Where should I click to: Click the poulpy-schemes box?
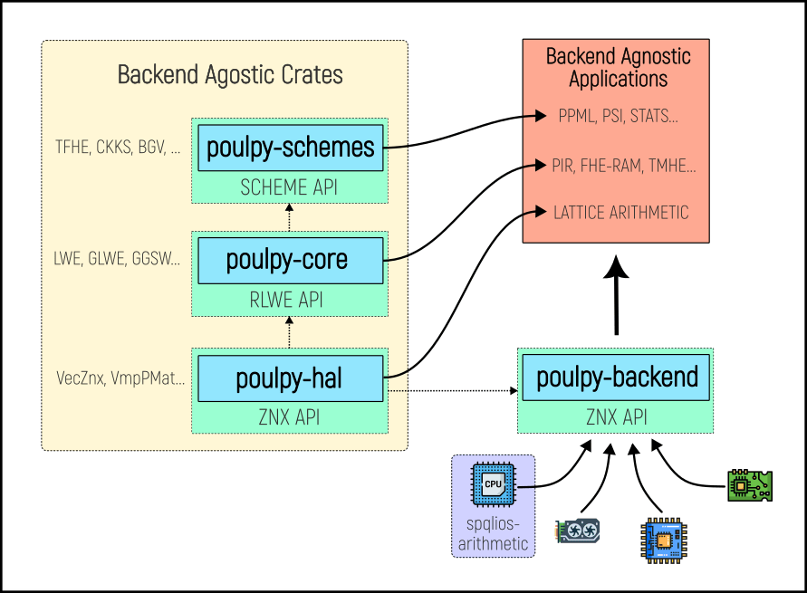[290, 148]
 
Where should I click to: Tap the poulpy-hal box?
[289, 378]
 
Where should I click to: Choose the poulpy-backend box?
[617, 377]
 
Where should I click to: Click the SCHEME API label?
[289, 187]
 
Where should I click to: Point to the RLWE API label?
[289, 301]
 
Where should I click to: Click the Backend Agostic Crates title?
[230, 74]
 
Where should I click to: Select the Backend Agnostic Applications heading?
[618, 68]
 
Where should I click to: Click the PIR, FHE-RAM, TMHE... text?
[623, 165]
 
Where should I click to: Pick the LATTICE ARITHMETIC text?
[620, 213]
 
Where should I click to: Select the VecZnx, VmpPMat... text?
[120, 378]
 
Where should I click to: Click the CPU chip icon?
[493, 484]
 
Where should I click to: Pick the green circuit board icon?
[750, 485]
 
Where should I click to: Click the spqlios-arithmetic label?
[493, 533]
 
